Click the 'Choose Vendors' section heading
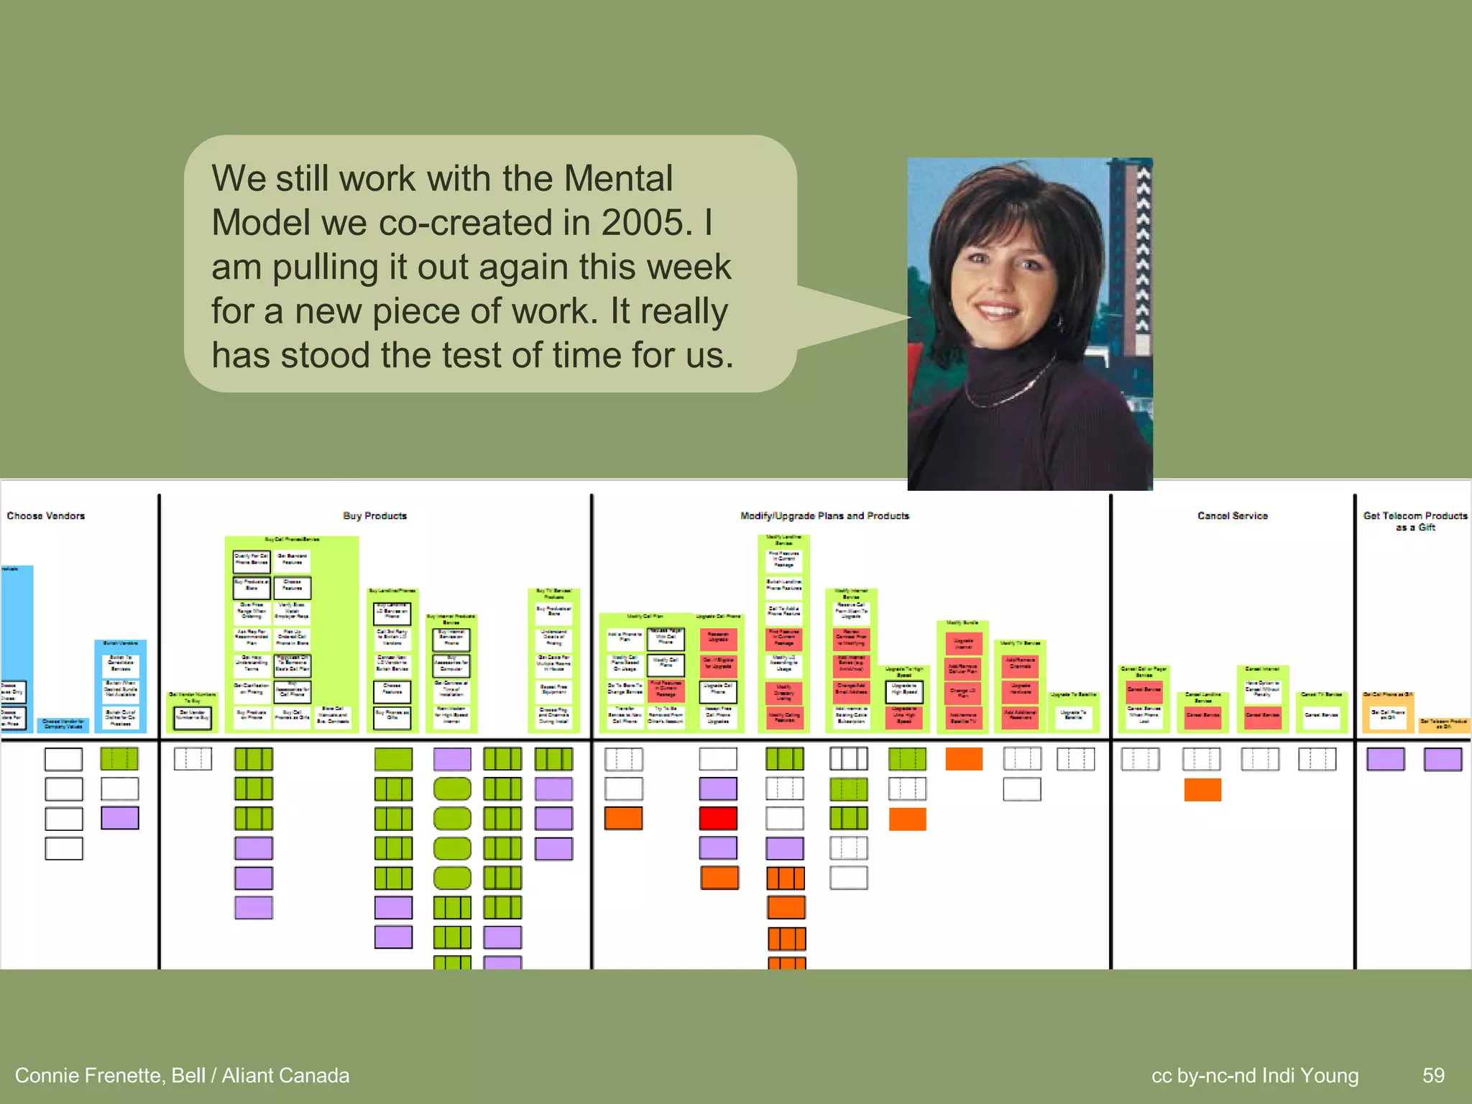click(x=46, y=516)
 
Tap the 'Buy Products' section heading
click(x=374, y=516)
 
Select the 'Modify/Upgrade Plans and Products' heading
click(x=824, y=516)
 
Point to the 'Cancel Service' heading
click(x=1232, y=516)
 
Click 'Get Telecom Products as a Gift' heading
click(x=1414, y=521)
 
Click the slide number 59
click(x=1433, y=1075)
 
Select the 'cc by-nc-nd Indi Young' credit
click(x=1254, y=1075)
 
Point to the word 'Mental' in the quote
click(x=617, y=178)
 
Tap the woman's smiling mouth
click(x=997, y=311)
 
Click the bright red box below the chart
click(x=718, y=818)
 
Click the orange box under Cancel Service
click(x=1202, y=789)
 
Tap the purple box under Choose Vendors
click(x=119, y=818)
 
